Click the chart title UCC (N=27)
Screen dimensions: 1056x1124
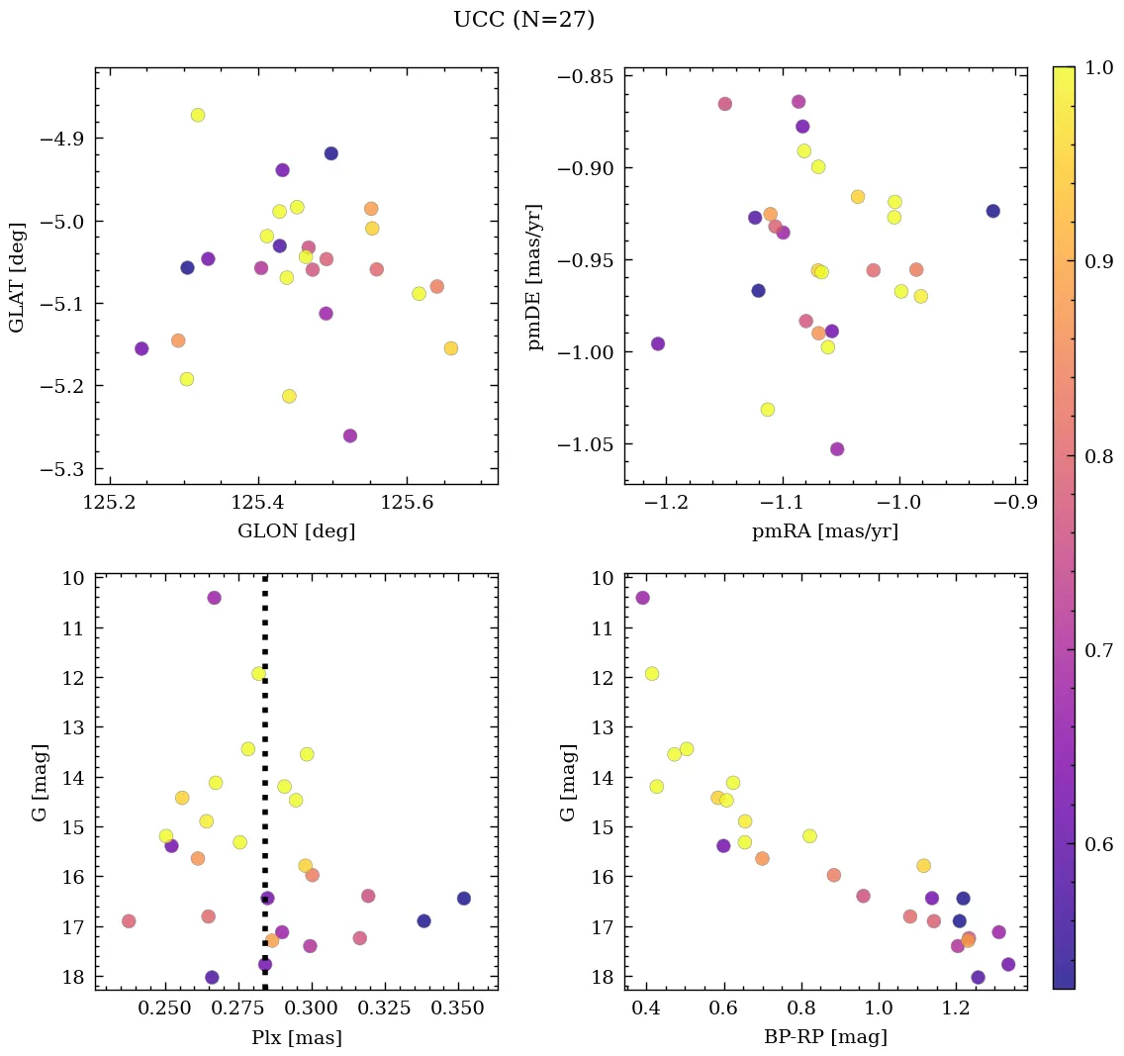(523, 20)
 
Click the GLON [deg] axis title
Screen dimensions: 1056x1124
(296, 531)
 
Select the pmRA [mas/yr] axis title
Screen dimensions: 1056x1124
(825, 531)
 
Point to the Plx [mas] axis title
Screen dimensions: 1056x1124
(296, 1037)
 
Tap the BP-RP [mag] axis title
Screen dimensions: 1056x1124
(825, 1037)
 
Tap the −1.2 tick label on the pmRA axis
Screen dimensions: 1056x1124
(667, 503)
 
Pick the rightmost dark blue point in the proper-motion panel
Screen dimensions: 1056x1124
(992, 211)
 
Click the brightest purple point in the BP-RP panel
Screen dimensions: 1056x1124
(643, 598)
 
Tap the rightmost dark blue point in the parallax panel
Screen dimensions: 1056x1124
(464, 899)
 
